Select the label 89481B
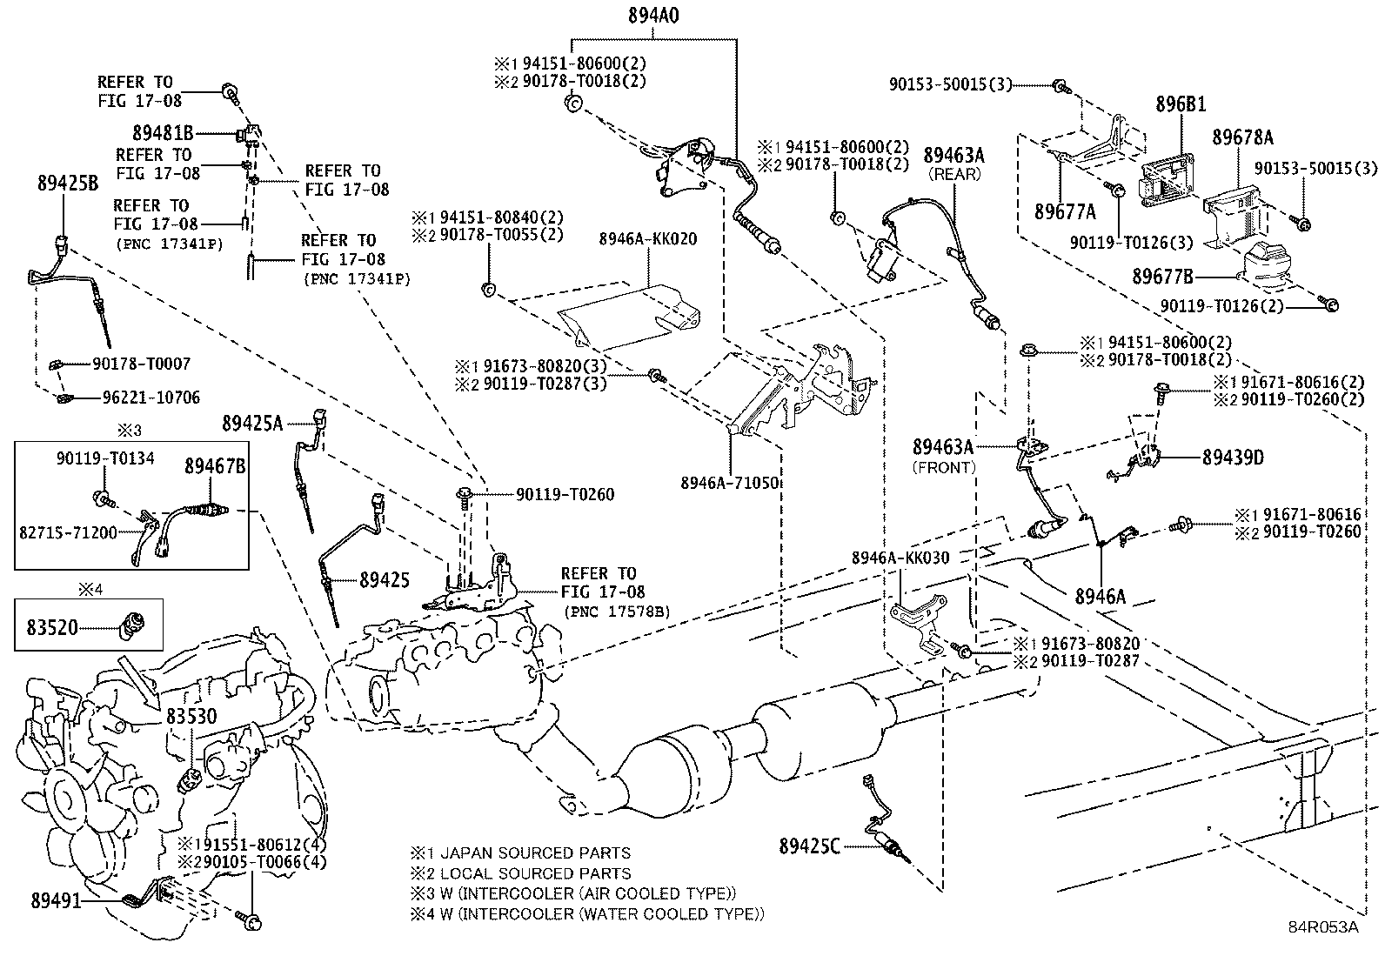click(163, 134)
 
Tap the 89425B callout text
click(67, 183)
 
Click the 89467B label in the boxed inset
click(214, 466)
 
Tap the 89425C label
click(809, 846)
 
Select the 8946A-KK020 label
click(647, 239)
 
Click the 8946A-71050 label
click(729, 483)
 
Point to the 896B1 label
click(1181, 104)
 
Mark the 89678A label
click(1242, 137)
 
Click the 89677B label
click(1162, 277)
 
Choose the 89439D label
click(1233, 458)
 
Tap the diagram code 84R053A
click(1323, 926)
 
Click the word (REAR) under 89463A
click(954, 174)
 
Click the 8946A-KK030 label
click(900, 558)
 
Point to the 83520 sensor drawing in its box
click(135, 623)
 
